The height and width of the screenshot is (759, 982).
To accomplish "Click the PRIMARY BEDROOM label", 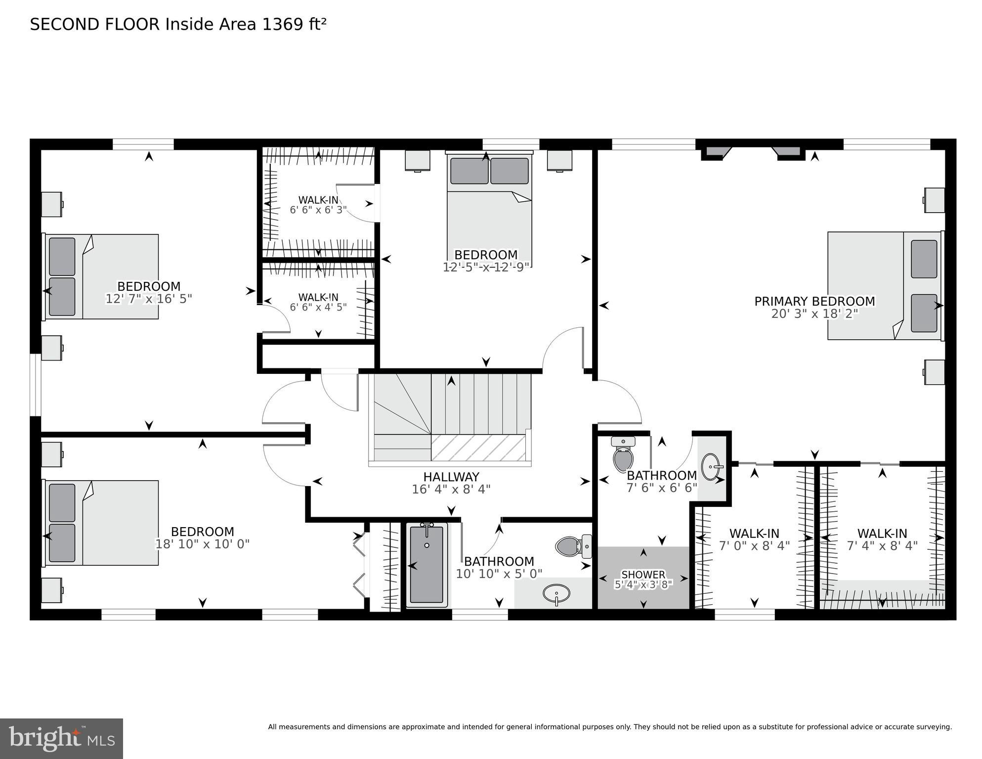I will (814, 301).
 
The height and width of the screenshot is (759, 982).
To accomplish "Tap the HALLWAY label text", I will (451, 477).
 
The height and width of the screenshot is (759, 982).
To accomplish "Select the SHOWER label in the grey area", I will (643, 575).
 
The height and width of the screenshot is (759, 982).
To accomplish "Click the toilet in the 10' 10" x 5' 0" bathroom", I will (573, 546).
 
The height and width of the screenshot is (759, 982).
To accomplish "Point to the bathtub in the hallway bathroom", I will (427, 564).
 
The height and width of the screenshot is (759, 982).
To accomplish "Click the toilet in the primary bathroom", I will (623, 454).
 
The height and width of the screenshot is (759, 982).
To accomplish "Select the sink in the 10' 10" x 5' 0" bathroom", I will (556, 592).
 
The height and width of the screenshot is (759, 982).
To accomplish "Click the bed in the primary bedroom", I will (885, 286).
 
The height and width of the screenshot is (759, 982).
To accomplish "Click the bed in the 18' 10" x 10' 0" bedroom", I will (101, 523).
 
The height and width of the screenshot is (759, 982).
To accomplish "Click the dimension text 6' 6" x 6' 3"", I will (318, 210).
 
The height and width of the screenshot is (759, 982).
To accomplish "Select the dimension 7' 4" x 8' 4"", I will (882, 545).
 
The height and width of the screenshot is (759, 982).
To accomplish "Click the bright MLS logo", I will (61, 738).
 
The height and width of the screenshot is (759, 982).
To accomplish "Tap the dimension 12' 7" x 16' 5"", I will (148, 299).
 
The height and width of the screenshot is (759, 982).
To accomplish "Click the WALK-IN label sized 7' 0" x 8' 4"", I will (754, 534).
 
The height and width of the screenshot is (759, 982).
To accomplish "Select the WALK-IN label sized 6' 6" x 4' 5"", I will (318, 297).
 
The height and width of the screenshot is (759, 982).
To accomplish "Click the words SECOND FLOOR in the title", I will (95, 24).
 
